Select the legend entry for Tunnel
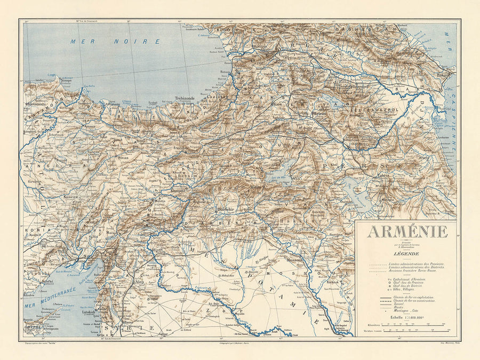point(398,301)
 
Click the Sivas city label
point(124,158)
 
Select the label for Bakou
point(443,75)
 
